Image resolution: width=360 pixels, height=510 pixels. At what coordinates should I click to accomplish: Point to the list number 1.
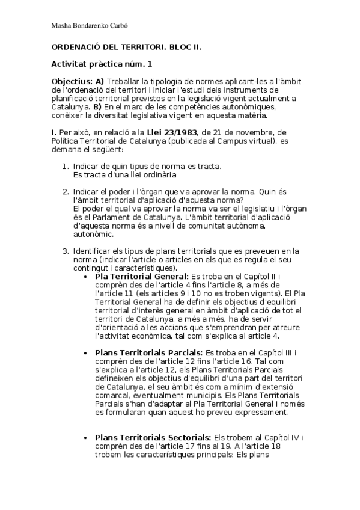pyautogui.click(x=66, y=166)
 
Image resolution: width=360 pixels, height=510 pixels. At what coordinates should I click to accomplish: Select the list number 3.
pyautogui.click(x=66, y=251)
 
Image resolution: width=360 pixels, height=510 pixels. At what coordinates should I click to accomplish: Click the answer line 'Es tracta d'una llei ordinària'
pyautogui.click(x=124, y=174)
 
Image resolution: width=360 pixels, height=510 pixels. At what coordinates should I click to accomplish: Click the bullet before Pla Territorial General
pyautogui.click(x=89, y=277)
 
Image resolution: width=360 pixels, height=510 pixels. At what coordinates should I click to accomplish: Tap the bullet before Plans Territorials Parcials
pyautogui.click(x=89, y=352)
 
